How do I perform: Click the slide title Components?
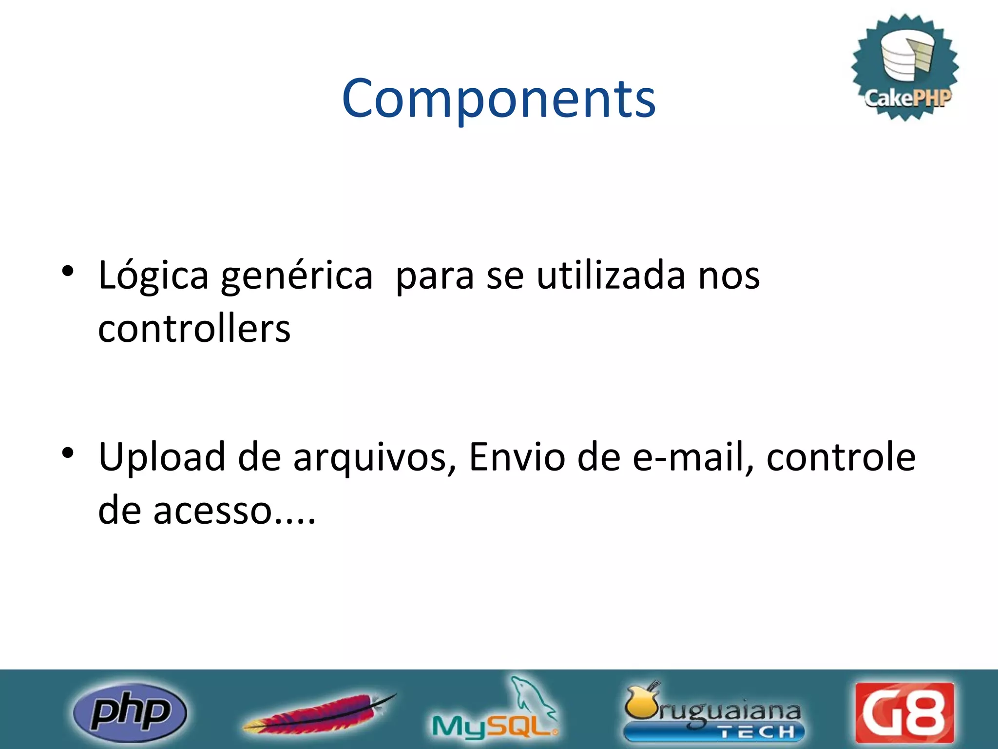click(499, 99)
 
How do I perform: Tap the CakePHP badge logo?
click(905, 67)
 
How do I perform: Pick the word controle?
click(841, 457)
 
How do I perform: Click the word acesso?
click(212, 511)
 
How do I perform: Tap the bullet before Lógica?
click(68, 271)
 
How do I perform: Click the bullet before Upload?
click(68, 453)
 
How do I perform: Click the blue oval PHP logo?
click(130, 712)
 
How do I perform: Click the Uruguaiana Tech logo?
click(712, 713)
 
